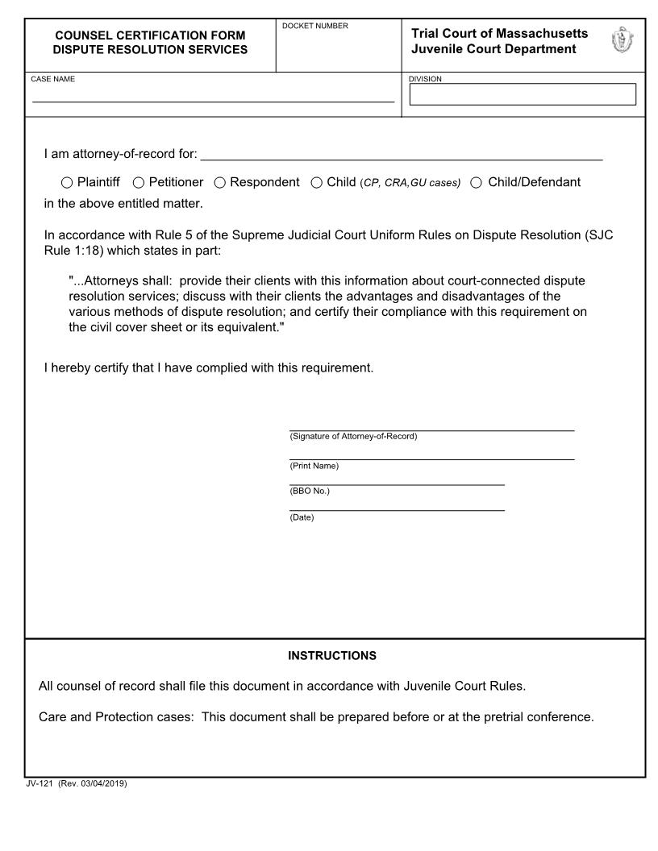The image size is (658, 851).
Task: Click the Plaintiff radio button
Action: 67,183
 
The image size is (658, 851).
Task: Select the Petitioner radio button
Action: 139,183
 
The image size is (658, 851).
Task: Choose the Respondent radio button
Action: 220,183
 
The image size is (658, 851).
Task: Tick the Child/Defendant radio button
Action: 477,183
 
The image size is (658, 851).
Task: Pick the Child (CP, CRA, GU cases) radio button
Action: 317,183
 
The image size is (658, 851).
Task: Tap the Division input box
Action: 523,95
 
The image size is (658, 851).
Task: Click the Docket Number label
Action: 315,27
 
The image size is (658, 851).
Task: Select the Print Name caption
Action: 314,466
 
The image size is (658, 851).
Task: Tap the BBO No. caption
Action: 310,491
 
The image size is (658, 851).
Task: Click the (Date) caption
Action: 302,517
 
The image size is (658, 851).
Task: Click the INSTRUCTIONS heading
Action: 332,656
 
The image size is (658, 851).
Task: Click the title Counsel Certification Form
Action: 150,35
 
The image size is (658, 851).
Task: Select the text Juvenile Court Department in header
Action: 493,49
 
